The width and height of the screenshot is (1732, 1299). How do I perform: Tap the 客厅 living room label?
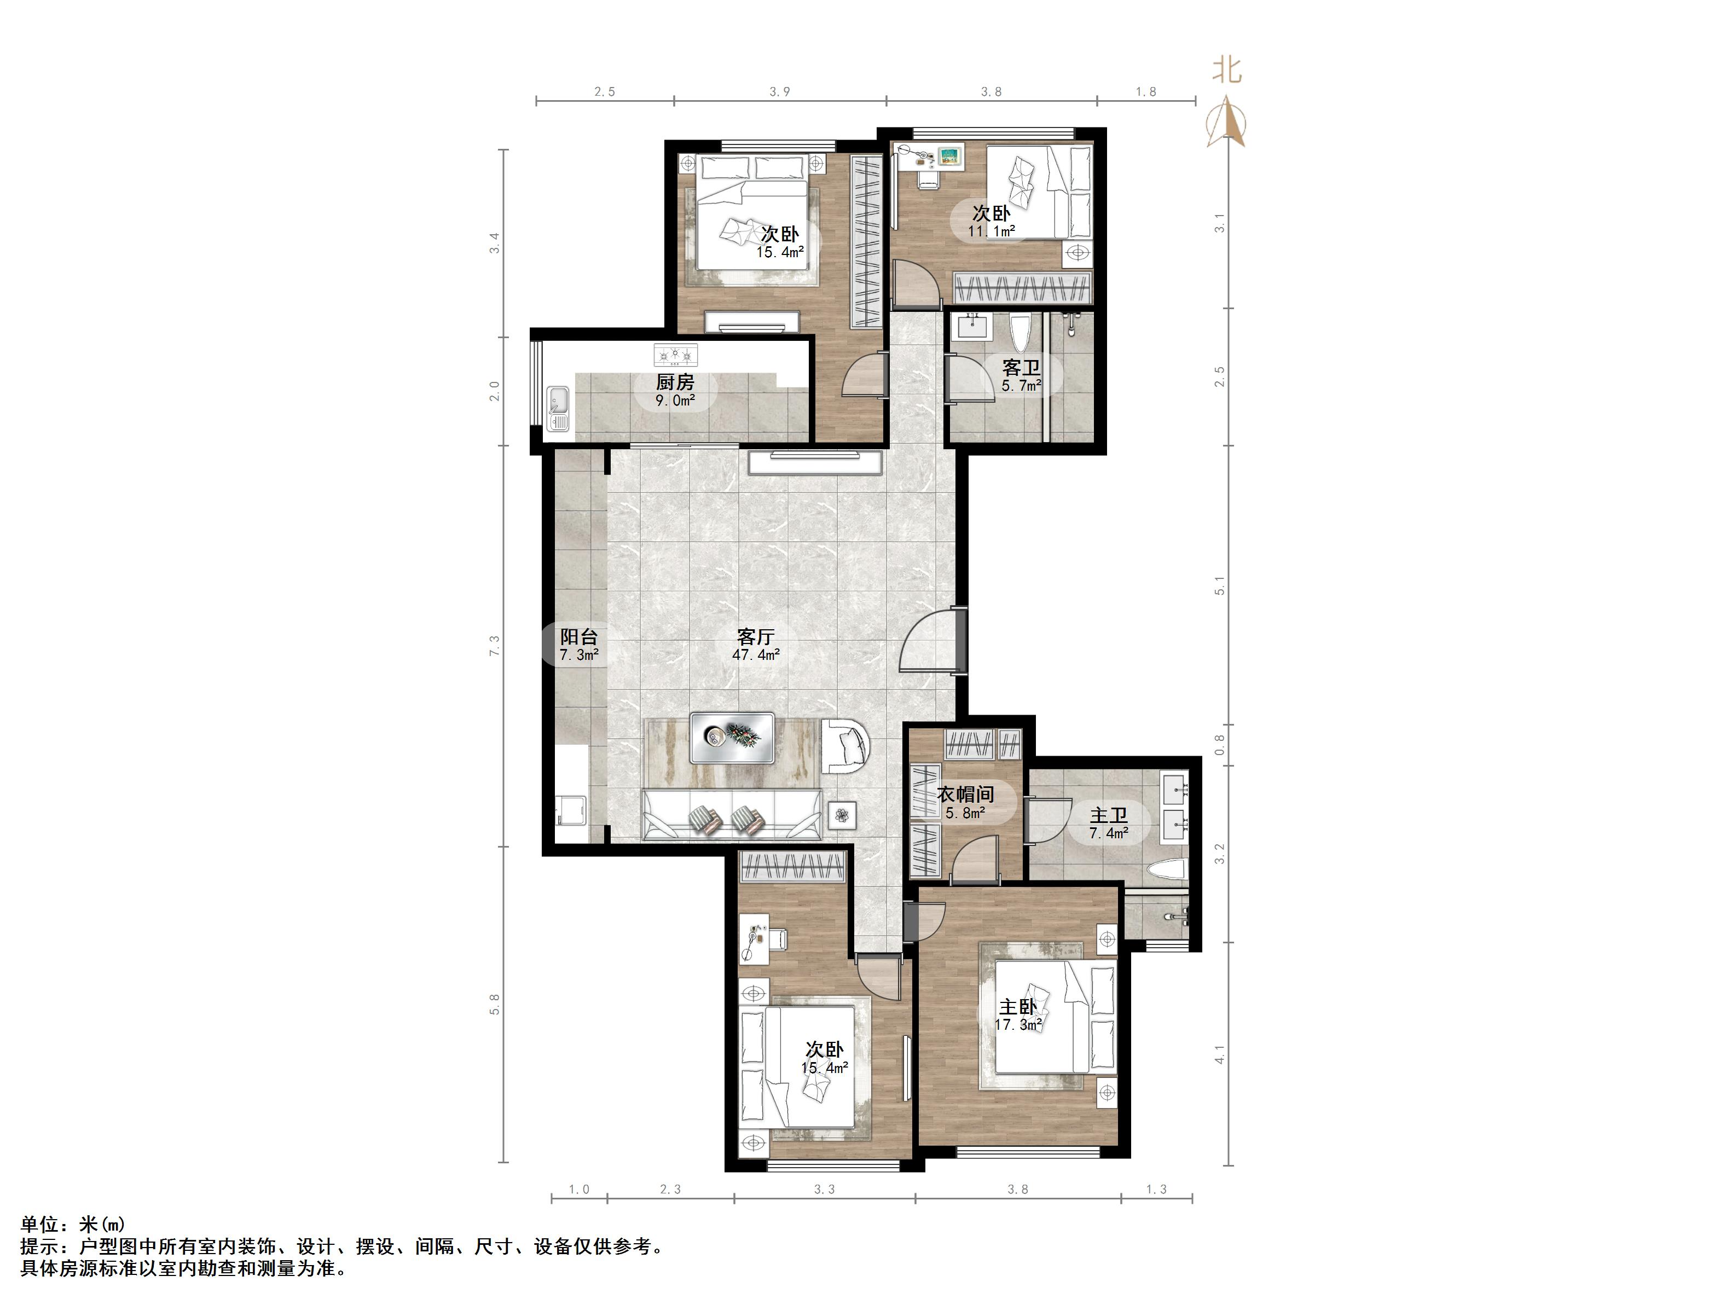756,636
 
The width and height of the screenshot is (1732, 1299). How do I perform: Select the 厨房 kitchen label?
675,382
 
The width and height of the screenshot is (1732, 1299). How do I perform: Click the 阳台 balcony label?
578,636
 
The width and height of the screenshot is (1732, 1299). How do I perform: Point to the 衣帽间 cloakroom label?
965,795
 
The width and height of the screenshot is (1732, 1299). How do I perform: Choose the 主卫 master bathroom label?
1109,816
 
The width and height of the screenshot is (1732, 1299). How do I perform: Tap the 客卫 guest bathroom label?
1021,367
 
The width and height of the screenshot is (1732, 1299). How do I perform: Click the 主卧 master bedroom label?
1018,1007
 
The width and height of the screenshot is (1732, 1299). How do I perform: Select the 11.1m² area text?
991,231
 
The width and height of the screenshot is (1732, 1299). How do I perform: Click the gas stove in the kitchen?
675,356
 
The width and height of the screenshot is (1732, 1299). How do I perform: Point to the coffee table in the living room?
732,738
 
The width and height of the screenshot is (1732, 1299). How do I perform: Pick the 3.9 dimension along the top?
779,91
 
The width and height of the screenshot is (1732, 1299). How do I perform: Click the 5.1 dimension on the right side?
1219,585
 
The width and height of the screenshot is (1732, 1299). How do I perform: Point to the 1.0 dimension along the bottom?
578,1190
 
